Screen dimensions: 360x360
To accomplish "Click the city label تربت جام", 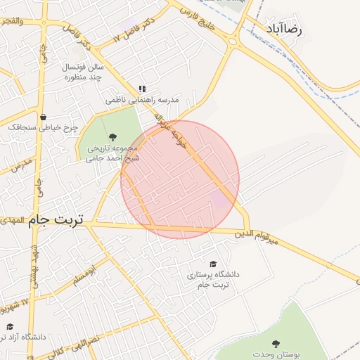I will (x=56, y=220).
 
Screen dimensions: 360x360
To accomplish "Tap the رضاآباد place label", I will (x=284, y=30).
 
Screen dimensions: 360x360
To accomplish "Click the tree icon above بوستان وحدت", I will (x=275, y=344).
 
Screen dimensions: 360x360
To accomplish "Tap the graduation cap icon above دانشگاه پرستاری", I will (x=213, y=262).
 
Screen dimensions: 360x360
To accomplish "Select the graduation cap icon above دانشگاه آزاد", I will (x=9, y=327).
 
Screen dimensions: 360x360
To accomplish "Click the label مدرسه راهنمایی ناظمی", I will (x=142, y=101).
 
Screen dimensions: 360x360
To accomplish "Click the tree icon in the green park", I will (x=112, y=136).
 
